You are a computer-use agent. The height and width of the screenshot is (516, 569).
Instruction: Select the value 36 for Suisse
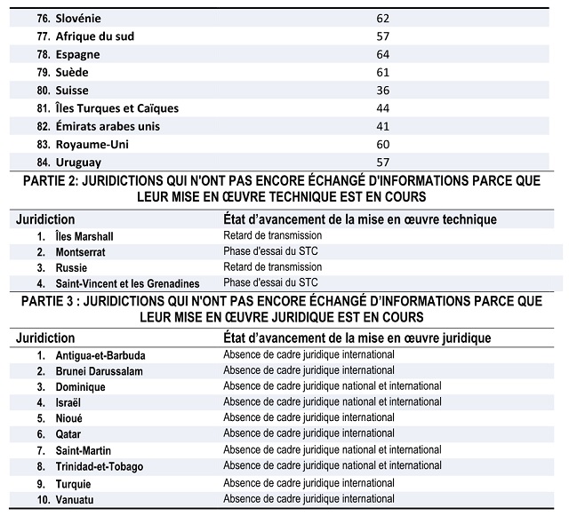click(382, 90)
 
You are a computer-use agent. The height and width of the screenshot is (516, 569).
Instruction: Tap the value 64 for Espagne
click(382, 53)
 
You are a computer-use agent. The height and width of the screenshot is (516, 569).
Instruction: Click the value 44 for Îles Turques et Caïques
click(382, 108)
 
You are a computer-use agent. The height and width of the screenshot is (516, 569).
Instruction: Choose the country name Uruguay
click(78, 163)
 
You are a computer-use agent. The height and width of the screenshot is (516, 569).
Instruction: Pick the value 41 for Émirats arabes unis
click(382, 126)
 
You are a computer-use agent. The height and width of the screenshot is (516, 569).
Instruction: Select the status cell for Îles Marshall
click(272, 236)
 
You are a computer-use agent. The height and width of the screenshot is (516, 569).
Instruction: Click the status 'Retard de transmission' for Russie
click(272, 267)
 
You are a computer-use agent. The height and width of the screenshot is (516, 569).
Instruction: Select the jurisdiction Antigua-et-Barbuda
click(100, 355)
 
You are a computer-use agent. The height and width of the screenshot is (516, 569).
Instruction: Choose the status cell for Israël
click(332, 402)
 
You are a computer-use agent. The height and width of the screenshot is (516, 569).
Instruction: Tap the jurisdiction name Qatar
click(68, 434)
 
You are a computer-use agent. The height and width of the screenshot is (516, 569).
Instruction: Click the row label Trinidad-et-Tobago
click(100, 466)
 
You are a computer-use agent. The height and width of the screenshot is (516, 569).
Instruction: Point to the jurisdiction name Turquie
click(74, 483)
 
